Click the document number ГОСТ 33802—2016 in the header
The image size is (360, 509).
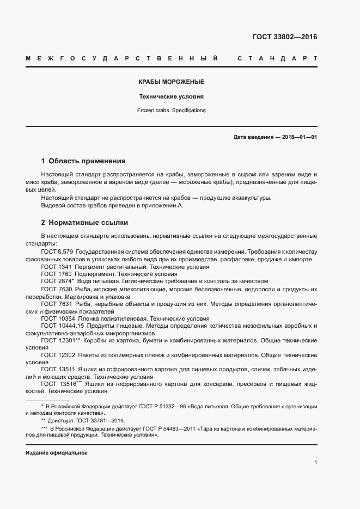[284, 37]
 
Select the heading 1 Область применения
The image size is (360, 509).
[83, 161]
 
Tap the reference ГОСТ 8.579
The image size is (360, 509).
[57, 252]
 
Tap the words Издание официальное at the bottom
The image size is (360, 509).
[57, 453]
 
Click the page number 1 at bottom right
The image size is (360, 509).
[315, 463]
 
